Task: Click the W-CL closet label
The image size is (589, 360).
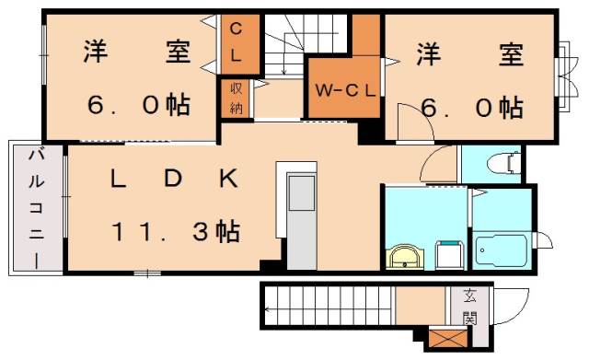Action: tap(345, 90)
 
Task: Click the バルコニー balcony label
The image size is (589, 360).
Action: tap(36, 208)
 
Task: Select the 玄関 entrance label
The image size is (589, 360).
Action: tap(470, 308)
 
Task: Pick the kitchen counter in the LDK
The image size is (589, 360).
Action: tap(299, 207)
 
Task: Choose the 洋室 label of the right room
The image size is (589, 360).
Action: tap(469, 54)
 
